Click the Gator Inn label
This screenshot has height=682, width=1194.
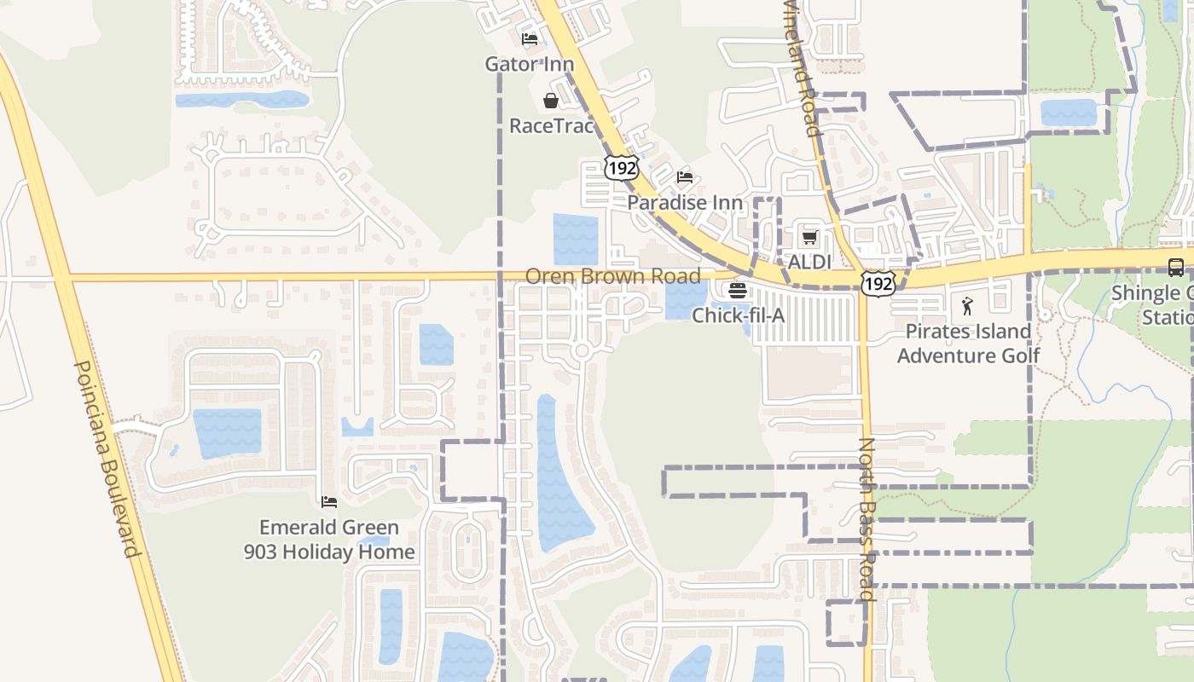pyautogui.click(x=529, y=64)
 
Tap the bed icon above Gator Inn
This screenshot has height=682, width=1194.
pyautogui.click(x=530, y=39)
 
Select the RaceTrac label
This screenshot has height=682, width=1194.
pyautogui.click(x=551, y=125)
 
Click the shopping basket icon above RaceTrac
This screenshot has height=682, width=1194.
pyautogui.click(x=551, y=101)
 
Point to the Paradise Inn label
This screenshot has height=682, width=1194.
pyautogui.click(x=685, y=202)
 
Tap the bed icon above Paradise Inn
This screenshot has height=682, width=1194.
pyautogui.click(x=685, y=177)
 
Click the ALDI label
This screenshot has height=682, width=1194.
pyautogui.click(x=809, y=262)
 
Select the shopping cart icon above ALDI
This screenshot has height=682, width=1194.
pyautogui.click(x=809, y=237)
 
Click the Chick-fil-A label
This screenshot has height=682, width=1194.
pyautogui.click(x=738, y=315)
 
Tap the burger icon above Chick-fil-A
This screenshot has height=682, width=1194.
pyautogui.click(x=738, y=291)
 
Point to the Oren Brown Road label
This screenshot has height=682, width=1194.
pyautogui.click(x=612, y=276)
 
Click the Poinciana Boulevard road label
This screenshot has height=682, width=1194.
pyautogui.click(x=107, y=459)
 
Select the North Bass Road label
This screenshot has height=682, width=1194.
pyautogui.click(x=867, y=519)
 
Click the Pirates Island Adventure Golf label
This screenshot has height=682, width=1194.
pyautogui.click(x=968, y=343)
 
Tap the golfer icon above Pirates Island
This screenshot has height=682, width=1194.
pyautogui.click(x=967, y=306)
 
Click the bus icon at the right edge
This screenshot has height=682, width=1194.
pyautogui.click(x=1175, y=267)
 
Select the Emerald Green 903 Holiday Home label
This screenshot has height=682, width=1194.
pyautogui.click(x=329, y=540)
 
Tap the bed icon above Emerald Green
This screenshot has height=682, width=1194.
pyautogui.click(x=329, y=502)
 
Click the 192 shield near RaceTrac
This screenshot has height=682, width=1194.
pyautogui.click(x=621, y=168)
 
